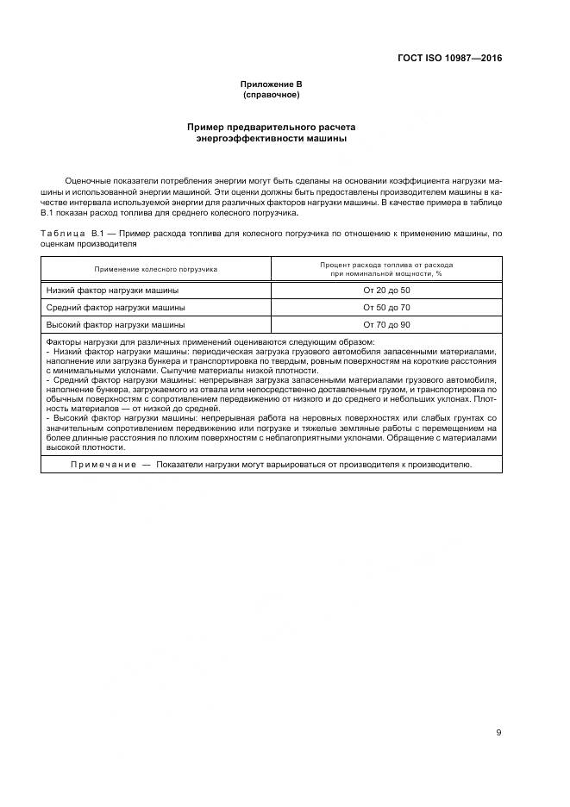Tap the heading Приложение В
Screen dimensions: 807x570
[271, 84]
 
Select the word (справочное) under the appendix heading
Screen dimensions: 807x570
[271, 94]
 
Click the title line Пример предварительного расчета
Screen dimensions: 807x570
[271, 127]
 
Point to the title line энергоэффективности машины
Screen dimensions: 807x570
[271, 138]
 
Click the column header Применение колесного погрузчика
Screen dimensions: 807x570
[156, 269]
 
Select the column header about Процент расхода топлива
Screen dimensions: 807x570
[386, 269]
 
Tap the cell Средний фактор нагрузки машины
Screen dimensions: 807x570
[116, 307]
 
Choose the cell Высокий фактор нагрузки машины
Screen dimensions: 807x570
[116, 324]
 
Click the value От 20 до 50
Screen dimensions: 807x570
[386, 291]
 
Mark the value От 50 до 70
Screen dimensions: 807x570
[386, 307]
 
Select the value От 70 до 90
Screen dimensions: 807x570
[386, 324]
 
